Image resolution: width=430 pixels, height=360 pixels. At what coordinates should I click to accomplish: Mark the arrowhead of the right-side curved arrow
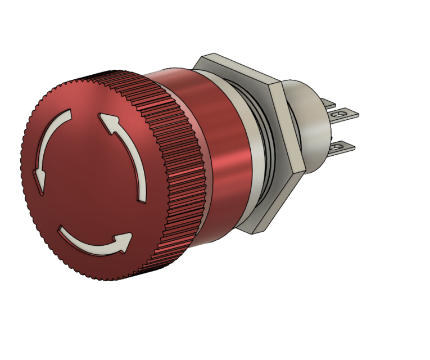pos(108,120)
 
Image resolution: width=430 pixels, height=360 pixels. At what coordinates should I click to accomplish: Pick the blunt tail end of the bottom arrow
pos(61,231)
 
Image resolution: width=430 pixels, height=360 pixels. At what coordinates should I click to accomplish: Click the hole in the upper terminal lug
pos(340,115)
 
